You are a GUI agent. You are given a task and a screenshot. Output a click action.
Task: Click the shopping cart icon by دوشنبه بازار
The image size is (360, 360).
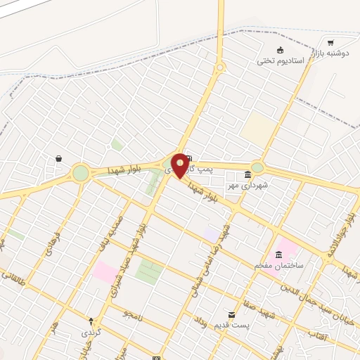[x=330, y=42]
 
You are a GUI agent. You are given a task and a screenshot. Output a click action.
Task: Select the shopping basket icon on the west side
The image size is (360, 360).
[x=58, y=159]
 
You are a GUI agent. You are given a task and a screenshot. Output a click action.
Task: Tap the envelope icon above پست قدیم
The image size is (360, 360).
[x=231, y=314]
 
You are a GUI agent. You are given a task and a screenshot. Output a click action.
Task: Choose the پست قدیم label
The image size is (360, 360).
[x=231, y=325]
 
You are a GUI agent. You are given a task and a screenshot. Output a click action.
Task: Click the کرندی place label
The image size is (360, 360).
[x=91, y=331]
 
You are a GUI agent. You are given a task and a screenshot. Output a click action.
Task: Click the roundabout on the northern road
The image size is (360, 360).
[x=220, y=68]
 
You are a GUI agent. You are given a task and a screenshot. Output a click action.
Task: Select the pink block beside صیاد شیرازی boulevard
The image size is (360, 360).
[x=105, y=271]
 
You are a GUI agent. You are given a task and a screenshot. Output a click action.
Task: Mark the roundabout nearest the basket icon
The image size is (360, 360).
[x=81, y=172]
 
